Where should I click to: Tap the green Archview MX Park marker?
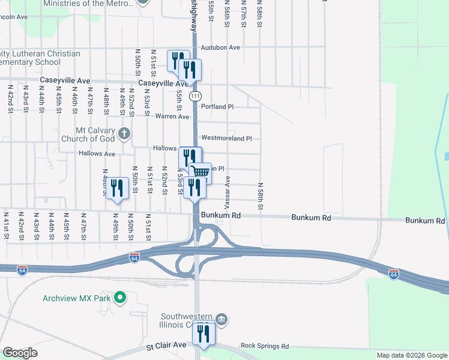coord(120,297)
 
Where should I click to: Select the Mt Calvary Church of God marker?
coord(124,133)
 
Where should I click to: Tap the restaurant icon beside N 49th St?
coord(117,188)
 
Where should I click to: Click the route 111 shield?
coord(195,96)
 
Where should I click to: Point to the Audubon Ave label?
coord(220,47)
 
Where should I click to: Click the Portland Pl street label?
coord(217,107)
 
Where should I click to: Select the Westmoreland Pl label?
coord(226,138)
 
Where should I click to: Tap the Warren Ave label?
coord(172,116)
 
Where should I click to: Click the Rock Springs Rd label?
coord(264,346)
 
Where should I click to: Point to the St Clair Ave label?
coord(166,346)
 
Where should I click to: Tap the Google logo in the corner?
coord(20,353)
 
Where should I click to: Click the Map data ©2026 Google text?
coord(412,355)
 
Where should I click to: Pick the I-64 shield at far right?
coord(394,274)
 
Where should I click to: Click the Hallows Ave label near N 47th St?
coord(97,154)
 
